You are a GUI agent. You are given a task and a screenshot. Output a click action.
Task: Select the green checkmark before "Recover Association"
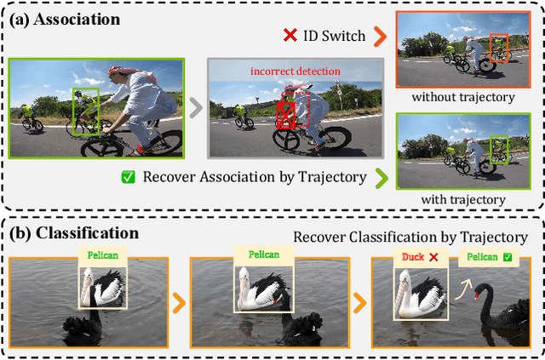(x=129, y=177)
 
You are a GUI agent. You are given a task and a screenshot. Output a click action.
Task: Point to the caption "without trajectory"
(x=463, y=97)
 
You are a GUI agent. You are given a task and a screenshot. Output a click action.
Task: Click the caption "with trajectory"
(x=463, y=200)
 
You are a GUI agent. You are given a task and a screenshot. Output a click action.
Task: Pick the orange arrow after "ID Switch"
(x=381, y=37)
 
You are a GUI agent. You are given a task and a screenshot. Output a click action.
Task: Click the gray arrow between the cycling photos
(x=196, y=108)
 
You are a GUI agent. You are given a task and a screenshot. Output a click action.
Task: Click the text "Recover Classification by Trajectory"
(x=410, y=237)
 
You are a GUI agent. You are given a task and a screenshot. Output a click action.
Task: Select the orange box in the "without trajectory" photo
(x=499, y=48)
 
